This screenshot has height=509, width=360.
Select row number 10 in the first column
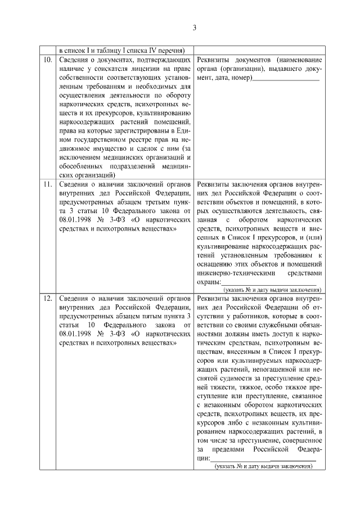point(48,60)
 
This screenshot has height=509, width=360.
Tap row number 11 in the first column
point(48,184)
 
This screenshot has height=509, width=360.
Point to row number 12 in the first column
point(48,298)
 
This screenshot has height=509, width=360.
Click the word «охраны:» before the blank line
point(209,282)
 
